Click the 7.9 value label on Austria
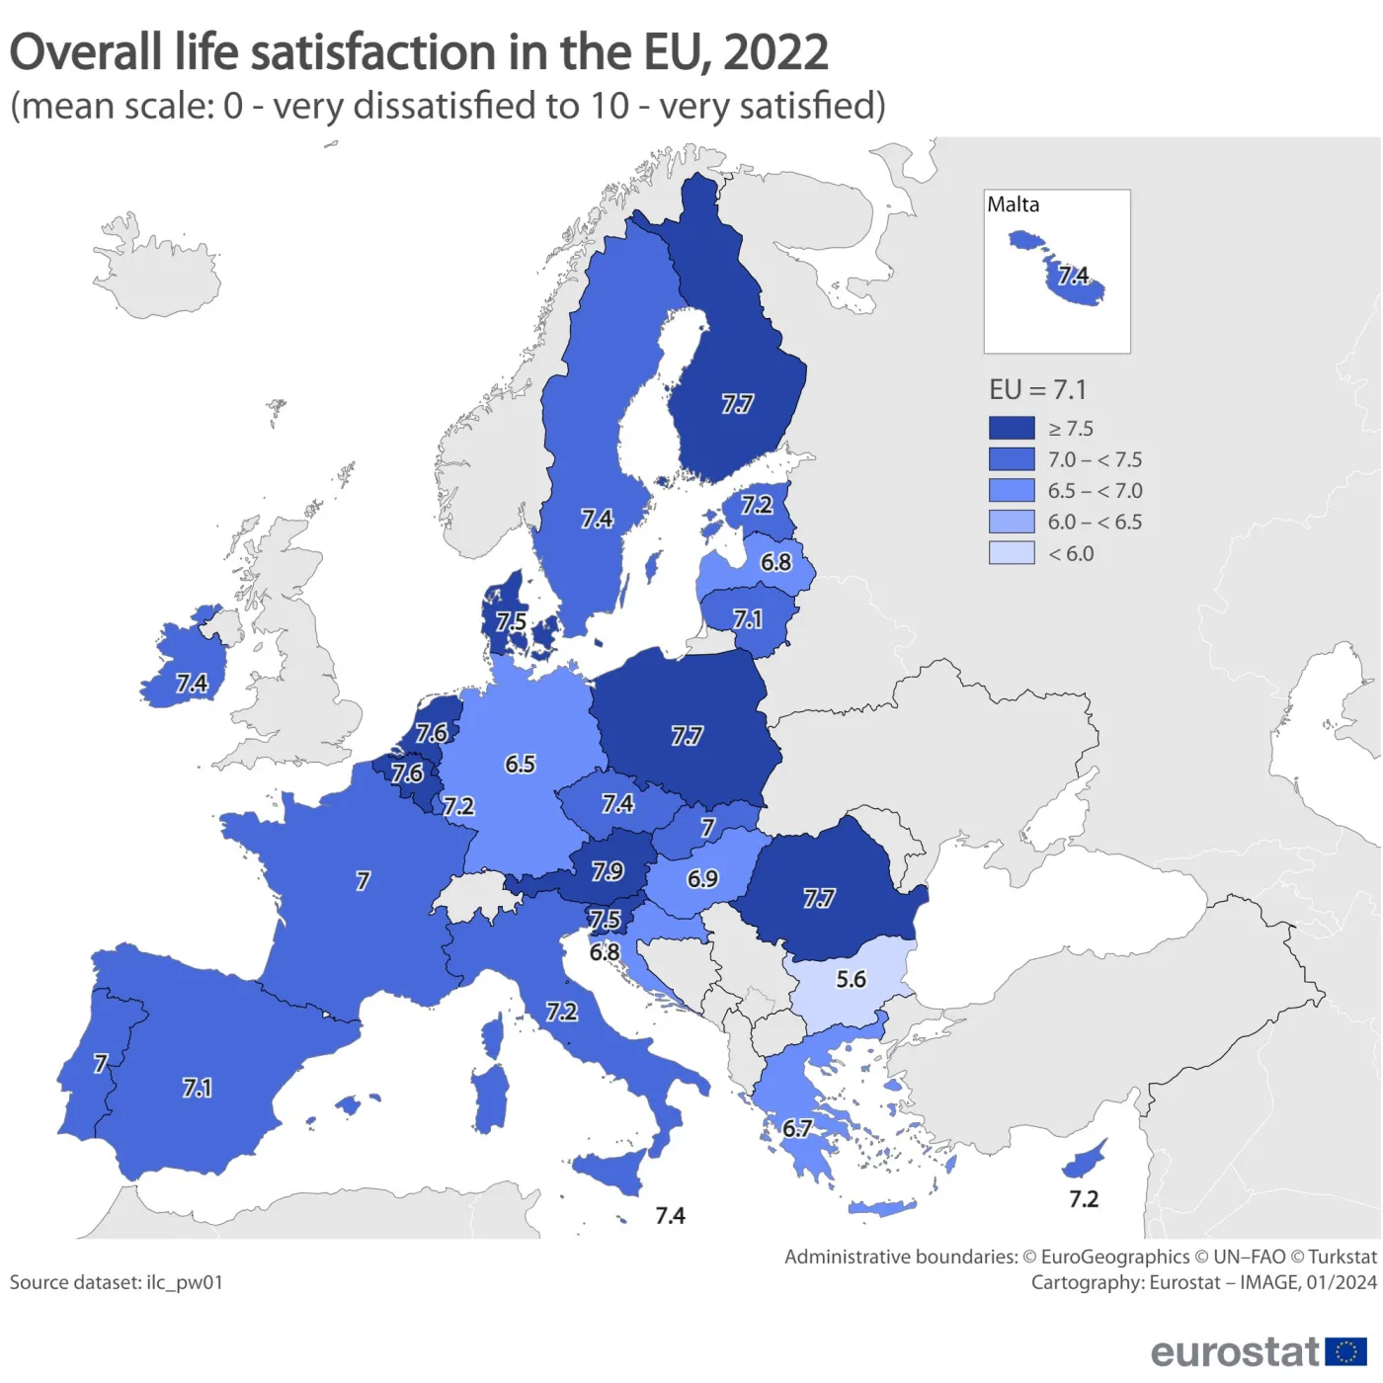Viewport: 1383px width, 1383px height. tap(608, 871)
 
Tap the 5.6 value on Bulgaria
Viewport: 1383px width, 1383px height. tap(851, 979)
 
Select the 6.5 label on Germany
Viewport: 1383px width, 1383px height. tap(520, 764)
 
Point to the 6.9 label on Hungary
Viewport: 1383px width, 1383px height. tap(702, 878)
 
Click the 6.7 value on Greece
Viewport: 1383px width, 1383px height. tap(797, 1128)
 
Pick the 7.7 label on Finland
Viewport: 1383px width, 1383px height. tap(737, 404)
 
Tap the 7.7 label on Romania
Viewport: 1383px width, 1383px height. tap(819, 898)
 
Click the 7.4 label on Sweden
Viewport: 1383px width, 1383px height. tap(597, 519)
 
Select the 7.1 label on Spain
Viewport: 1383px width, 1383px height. tap(197, 1088)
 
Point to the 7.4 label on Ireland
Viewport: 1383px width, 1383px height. tap(192, 684)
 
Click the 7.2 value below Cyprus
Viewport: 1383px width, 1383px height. tap(1084, 1199)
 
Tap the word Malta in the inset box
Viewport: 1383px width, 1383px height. tap(1014, 204)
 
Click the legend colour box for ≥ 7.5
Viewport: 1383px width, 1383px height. tap(1012, 428)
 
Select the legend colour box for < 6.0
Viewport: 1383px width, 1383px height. tap(1012, 553)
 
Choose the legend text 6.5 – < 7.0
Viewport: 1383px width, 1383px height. tap(1095, 491)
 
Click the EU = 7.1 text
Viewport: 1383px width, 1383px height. tap(1037, 390)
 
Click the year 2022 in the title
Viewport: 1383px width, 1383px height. tap(775, 52)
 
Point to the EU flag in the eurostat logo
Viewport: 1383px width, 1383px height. tap(1345, 1351)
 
